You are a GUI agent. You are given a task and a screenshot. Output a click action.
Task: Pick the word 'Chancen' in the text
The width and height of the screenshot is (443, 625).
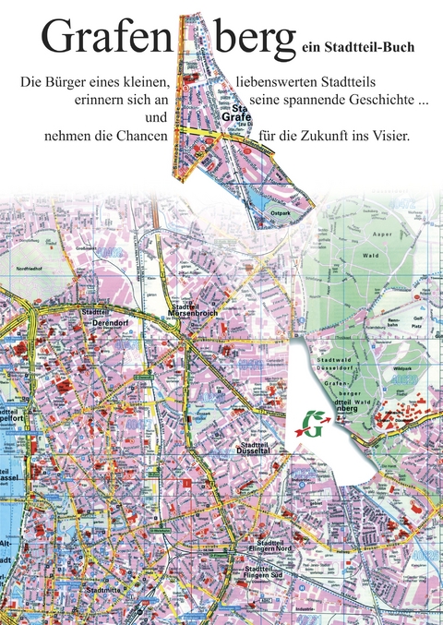tap(138, 136)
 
